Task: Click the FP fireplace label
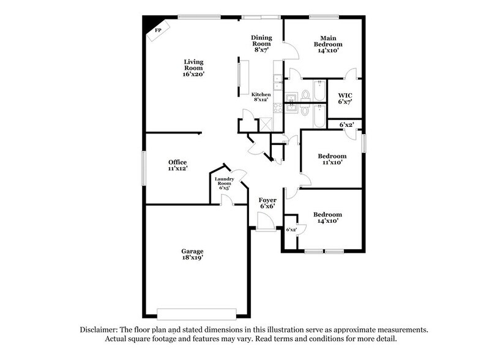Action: [157, 30]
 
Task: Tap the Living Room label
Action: [193, 67]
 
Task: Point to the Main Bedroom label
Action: [328, 44]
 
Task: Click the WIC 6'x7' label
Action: [344, 98]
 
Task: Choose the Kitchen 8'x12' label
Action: [261, 96]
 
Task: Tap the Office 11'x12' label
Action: [177, 165]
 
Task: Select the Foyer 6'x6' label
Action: [267, 203]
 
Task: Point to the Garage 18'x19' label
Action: [192, 254]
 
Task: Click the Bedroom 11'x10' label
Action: [333, 159]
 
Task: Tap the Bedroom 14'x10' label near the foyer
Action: [327, 218]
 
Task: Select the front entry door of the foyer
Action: [266, 230]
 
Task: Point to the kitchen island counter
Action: [240, 77]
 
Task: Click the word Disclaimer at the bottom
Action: [103, 329]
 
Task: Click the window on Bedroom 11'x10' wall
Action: [364, 143]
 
